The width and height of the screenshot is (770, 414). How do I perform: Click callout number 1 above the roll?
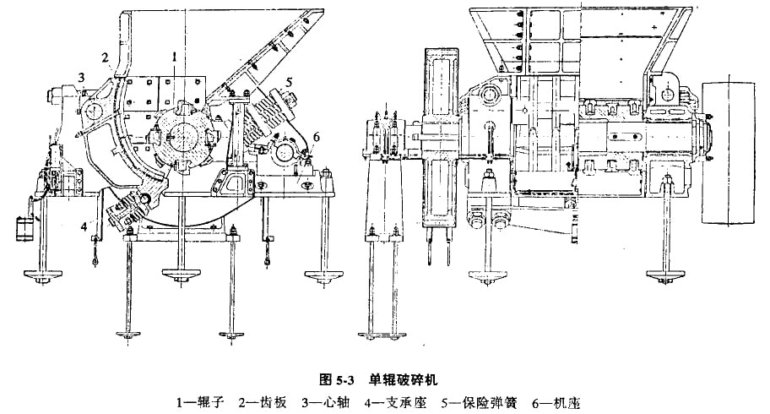click(173, 56)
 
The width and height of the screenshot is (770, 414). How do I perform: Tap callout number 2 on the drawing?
click(107, 57)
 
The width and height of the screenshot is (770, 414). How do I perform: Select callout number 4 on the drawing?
click(85, 226)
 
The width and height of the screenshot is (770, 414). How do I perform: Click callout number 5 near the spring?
click(288, 84)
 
